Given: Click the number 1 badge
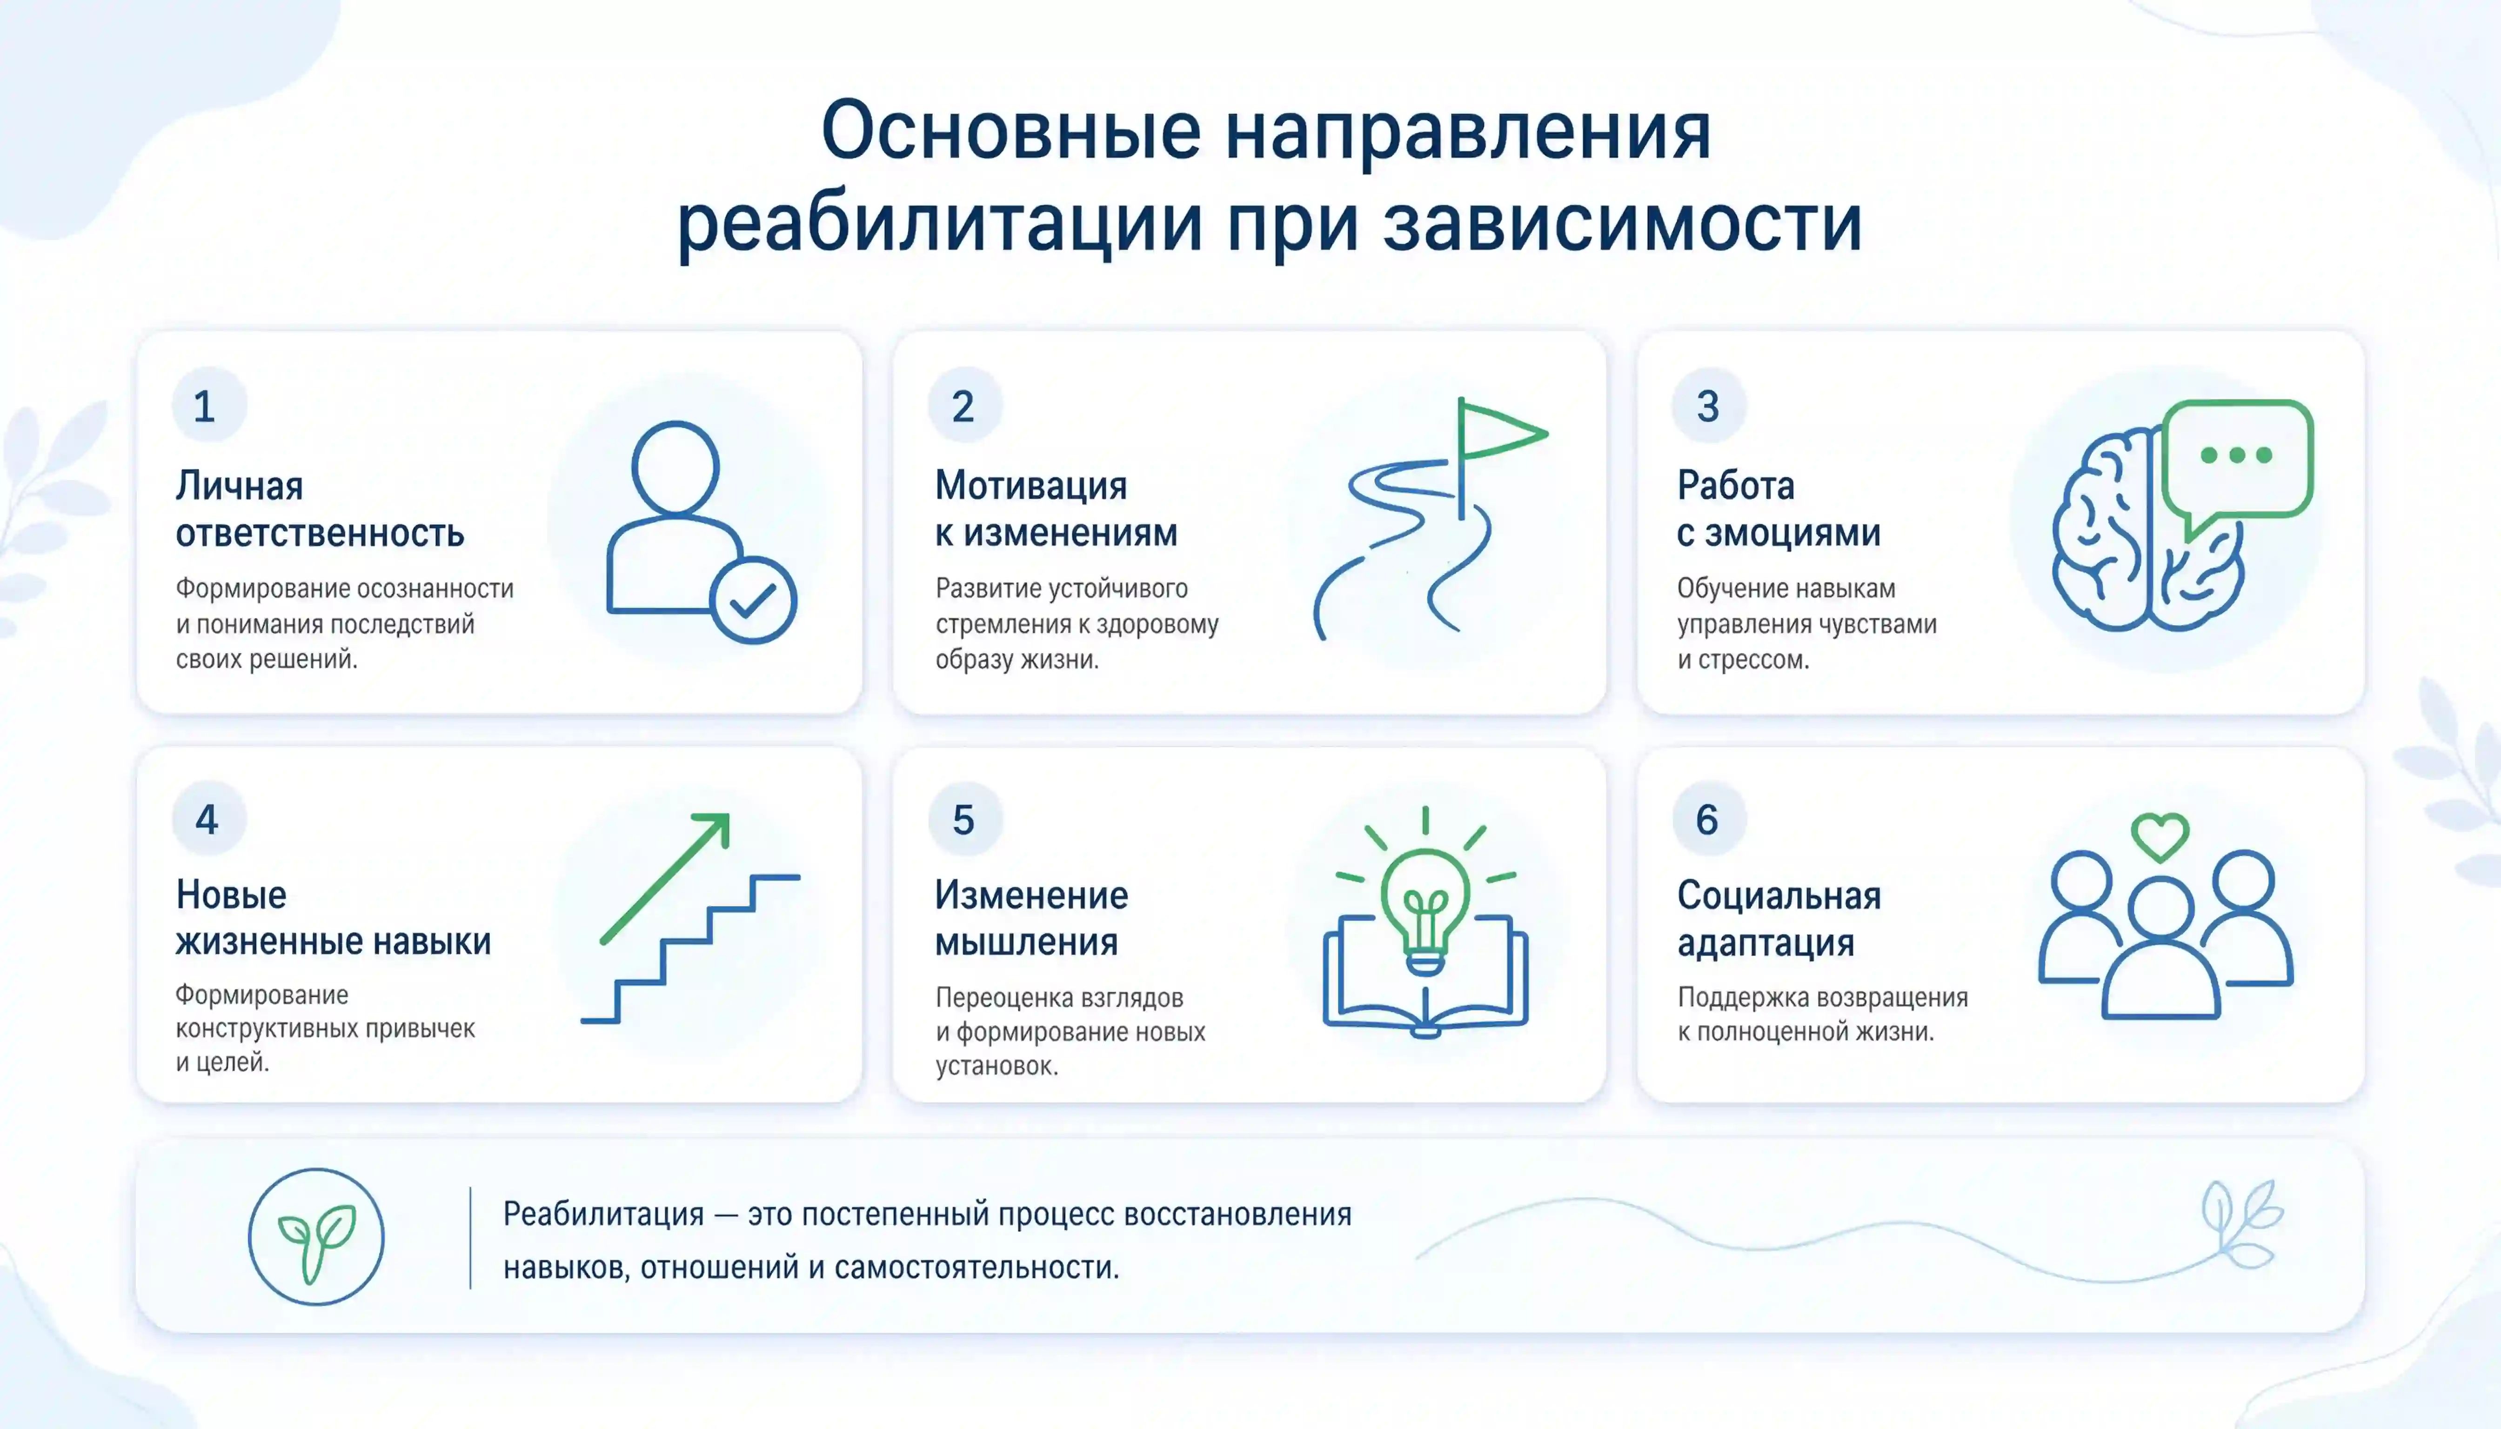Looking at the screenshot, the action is pyautogui.click(x=208, y=405).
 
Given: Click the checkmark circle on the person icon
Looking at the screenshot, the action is pyautogui.click(x=753, y=600).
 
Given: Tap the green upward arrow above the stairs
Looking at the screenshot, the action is pyautogui.click(x=666, y=878).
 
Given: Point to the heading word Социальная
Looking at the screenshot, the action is pyautogui.click(x=1779, y=895).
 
